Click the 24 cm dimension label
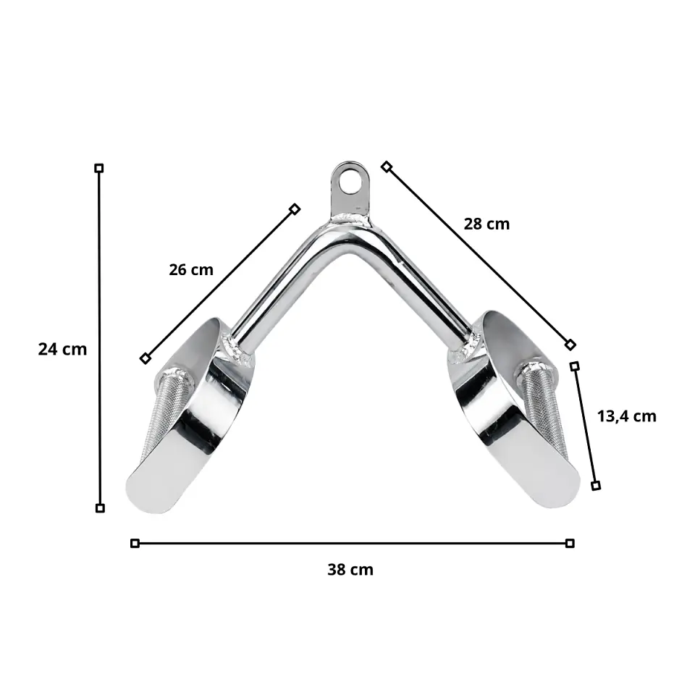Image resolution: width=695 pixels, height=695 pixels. pyautogui.click(x=62, y=349)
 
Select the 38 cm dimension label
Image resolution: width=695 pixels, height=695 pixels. pyautogui.click(x=350, y=570)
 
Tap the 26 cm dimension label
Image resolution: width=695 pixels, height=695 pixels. pyautogui.click(x=191, y=269)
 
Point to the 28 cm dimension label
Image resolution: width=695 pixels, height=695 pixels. pyautogui.click(x=486, y=224)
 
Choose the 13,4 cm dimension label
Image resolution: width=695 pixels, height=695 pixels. pyautogui.click(x=626, y=416)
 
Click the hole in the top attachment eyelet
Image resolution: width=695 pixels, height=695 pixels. pyautogui.click(x=350, y=181)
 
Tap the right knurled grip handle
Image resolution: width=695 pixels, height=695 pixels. pyautogui.click(x=541, y=410)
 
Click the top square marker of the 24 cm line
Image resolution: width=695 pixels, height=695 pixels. pyautogui.click(x=99, y=168)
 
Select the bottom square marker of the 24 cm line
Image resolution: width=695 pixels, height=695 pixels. pyautogui.click(x=100, y=508)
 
